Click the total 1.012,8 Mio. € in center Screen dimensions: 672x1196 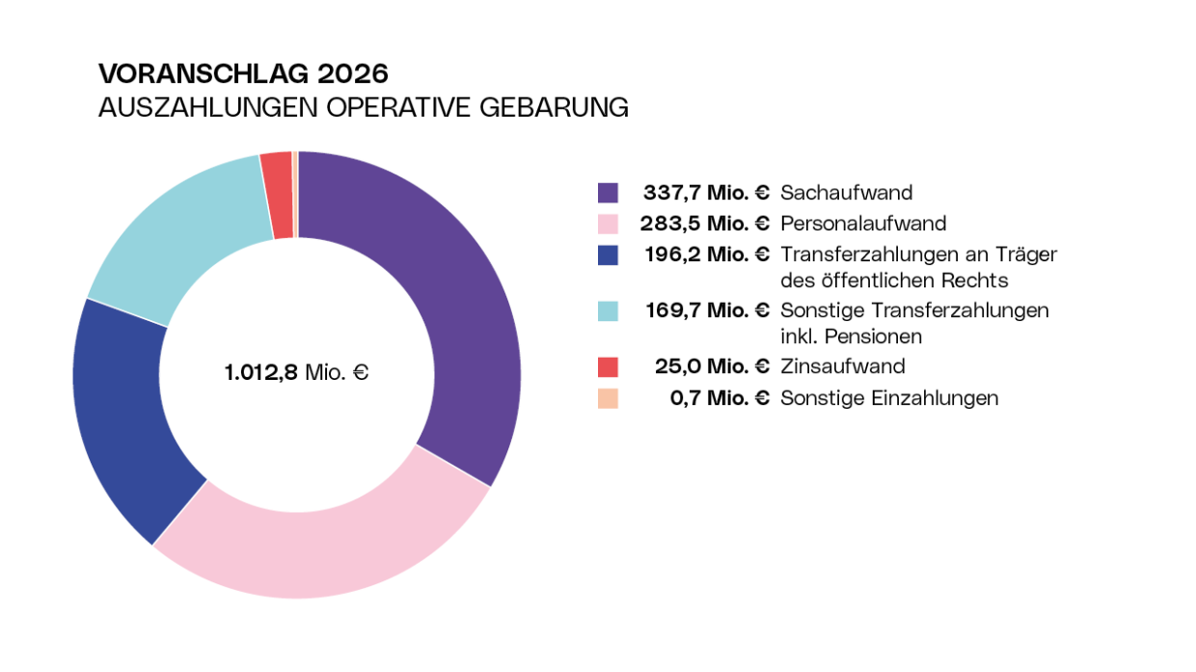[296, 372]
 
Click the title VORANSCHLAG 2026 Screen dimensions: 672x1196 [243, 73]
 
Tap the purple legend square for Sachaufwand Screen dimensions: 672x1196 [608, 193]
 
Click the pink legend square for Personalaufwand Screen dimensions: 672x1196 [608, 224]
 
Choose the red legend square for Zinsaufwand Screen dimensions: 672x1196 [608, 366]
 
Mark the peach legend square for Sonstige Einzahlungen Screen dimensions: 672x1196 [608, 397]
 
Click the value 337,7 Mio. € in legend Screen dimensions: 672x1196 [706, 193]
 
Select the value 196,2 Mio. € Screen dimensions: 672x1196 [706, 255]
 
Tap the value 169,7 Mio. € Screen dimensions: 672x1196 [706, 310]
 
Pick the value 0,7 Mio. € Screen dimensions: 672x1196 [720, 397]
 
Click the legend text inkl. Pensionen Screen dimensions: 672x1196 [851, 336]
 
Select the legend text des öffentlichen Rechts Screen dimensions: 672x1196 [894, 281]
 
